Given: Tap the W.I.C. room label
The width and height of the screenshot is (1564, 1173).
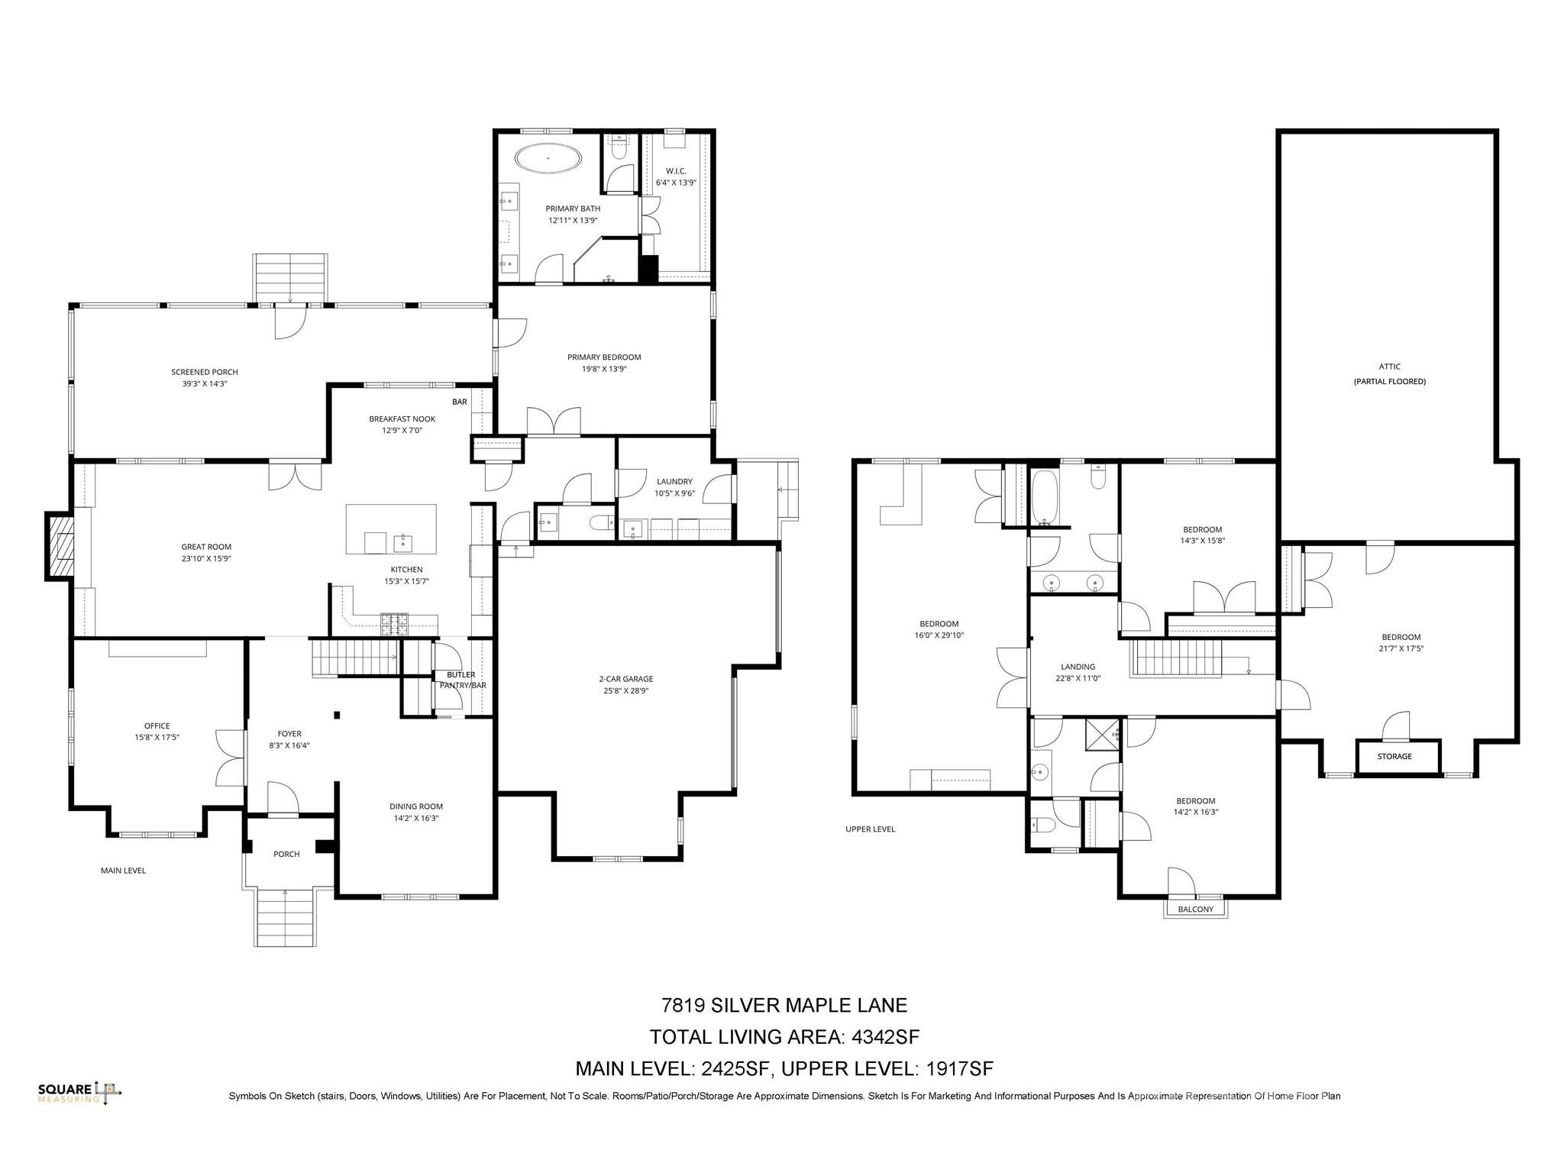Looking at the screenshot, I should coord(676,171).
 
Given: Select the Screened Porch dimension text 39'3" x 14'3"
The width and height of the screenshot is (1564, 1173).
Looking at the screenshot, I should coord(199,384).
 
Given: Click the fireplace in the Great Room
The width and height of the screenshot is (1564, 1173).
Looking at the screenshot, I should coord(59,547).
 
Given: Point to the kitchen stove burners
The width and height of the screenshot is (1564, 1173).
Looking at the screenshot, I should coord(394,624).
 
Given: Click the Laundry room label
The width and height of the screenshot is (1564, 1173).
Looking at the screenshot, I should coord(674,482).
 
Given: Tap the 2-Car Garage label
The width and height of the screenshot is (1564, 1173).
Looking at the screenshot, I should coord(625,679).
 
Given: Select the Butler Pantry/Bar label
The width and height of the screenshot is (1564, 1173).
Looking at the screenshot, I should coord(462,680).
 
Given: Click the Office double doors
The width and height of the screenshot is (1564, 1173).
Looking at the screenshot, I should coord(230,758).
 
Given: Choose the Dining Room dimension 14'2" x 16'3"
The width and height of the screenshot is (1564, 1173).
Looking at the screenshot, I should coord(415,818).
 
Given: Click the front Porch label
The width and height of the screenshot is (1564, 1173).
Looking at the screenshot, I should coord(286,854).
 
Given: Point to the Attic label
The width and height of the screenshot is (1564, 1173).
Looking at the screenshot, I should coord(1389,367).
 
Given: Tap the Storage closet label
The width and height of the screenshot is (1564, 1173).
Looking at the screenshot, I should coord(1394,756).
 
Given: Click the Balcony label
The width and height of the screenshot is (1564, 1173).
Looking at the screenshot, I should coord(1195,909).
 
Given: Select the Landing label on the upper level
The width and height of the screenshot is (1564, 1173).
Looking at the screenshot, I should coord(1078,667).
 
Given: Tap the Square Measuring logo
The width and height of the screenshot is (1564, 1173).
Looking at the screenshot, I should coord(79,1093).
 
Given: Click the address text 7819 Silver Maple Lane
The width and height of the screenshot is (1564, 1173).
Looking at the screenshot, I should coord(784,1005).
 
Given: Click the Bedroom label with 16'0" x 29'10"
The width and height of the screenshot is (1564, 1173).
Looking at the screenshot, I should coord(939,624).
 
